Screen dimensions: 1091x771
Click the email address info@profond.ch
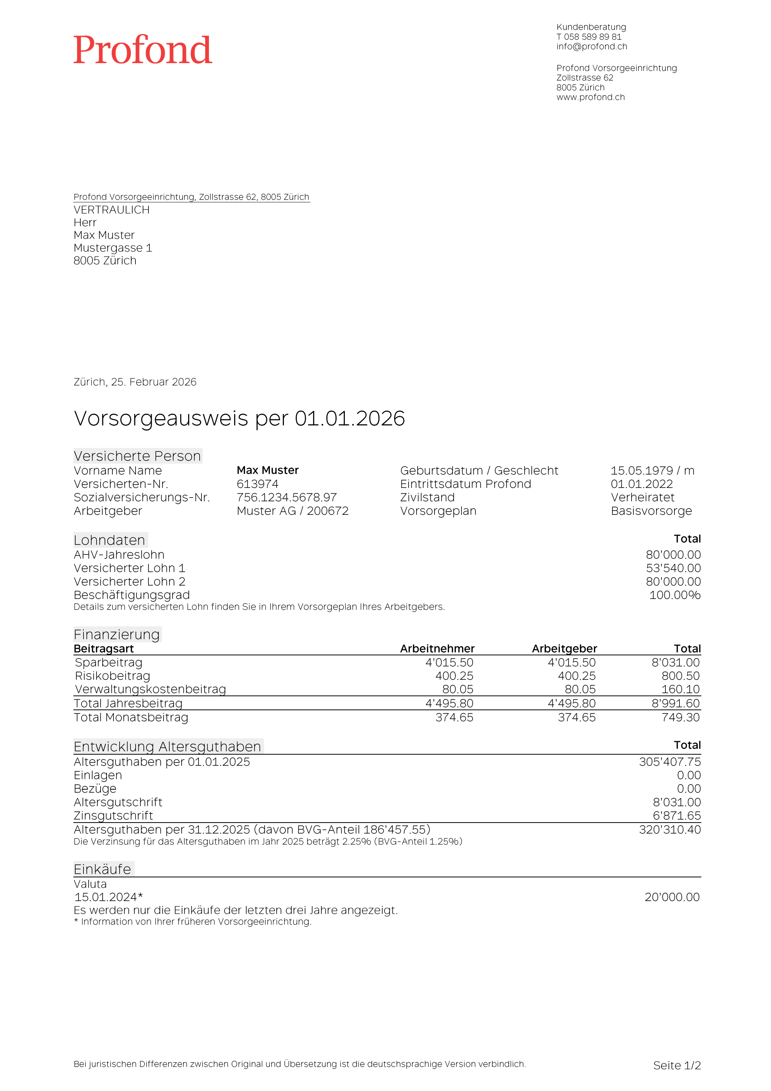(x=592, y=46)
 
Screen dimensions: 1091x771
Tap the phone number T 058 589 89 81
(x=589, y=37)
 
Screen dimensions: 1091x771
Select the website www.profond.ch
(x=590, y=97)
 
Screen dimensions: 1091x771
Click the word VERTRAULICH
(x=112, y=210)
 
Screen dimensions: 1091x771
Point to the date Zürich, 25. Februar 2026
(x=135, y=382)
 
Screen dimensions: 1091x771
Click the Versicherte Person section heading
(x=137, y=456)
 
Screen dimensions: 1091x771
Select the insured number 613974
(x=258, y=484)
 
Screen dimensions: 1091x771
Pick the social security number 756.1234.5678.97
(x=286, y=498)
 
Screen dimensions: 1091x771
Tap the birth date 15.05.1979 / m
(x=652, y=471)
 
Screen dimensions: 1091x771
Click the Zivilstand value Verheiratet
(x=642, y=498)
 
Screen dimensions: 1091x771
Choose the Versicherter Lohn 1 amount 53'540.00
(x=673, y=568)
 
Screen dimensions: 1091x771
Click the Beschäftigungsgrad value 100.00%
(x=674, y=595)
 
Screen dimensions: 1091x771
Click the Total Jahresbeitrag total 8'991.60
(x=676, y=703)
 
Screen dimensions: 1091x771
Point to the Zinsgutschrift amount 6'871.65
(x=677, y=815)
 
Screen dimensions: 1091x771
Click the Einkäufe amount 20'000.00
(x=672, y=897)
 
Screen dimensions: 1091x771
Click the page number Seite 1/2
(x=677, y=1065)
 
